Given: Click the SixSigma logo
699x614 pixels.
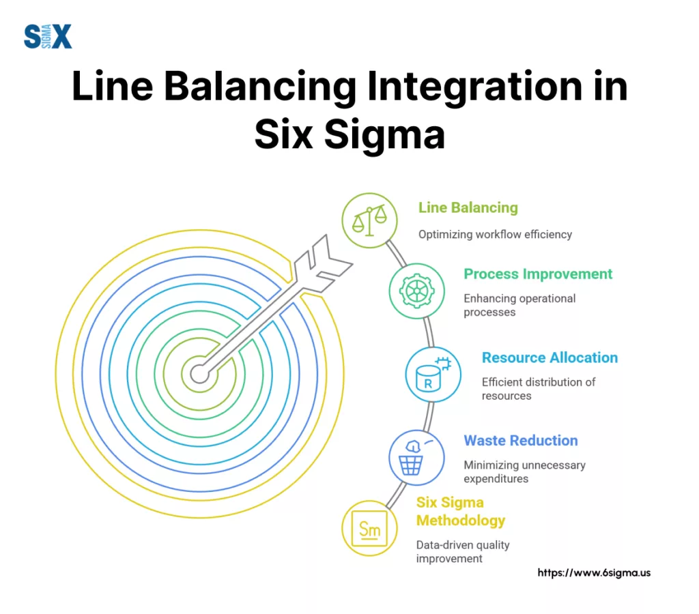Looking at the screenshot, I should pos(48,35).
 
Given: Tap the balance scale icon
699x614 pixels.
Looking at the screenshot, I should pos(369,220).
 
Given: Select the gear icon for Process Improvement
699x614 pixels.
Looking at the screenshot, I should pos(416,291).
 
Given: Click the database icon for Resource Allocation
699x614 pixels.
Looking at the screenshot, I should pos(433,374).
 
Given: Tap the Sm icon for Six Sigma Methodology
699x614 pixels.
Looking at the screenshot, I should pos(369,528).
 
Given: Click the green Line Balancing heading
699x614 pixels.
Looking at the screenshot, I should pos(468,207).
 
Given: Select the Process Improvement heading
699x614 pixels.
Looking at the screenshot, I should pos(538,274).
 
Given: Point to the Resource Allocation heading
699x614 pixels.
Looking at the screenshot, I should pos(550,357).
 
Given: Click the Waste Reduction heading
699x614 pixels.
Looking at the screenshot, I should pos(521,441).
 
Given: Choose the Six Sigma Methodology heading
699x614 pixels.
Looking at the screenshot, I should pos(461,512).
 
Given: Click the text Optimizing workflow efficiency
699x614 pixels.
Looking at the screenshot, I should pos(495,234).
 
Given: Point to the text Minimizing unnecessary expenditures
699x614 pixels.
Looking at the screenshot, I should pos(524,472).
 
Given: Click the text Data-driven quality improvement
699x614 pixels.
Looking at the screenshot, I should pos(463,551).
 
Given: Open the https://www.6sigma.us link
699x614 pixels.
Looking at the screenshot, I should pos(594,572).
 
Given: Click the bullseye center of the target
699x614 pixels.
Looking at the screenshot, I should pos(199,373).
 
